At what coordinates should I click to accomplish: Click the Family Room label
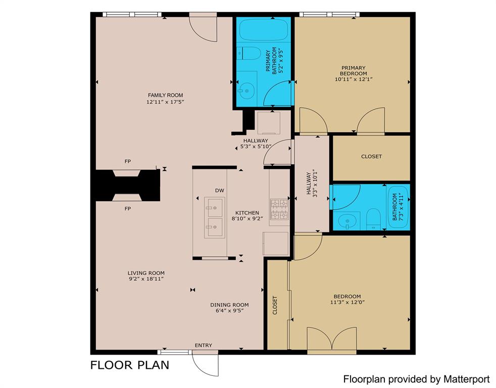click(x=165, y=95)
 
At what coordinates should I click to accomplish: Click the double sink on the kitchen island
click(x=214, y=218)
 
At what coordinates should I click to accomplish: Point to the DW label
click(x=219, y=190)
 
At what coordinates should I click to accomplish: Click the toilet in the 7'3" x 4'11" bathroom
click(x=373, y=218)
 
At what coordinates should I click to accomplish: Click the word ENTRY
click(x=204, y=346)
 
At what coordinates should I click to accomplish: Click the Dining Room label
click(x=229, y=305)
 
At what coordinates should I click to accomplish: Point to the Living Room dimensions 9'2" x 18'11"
click(x=146, y=278)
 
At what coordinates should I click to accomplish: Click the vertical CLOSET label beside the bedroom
click(x=275, y=305)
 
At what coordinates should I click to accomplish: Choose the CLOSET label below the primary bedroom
click(x=371, y=157)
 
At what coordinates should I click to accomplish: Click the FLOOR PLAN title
click(x=129, y=365)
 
